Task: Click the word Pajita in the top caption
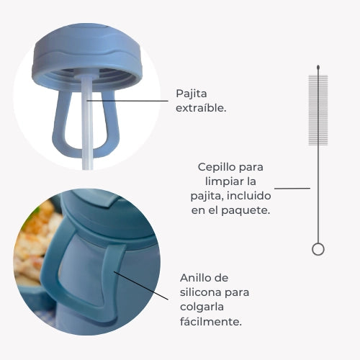(191, 94)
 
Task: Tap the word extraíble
(201, 108)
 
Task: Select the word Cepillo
(213, 167)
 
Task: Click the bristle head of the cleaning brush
(318, 108)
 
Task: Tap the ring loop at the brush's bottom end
(318, 249)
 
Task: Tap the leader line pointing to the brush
(292, 189)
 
